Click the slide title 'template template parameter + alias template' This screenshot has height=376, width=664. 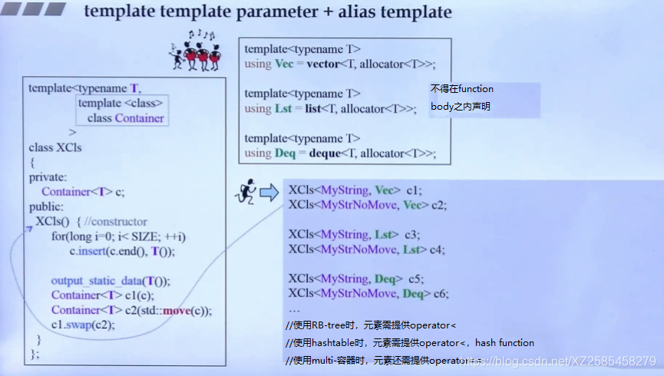(267, 12)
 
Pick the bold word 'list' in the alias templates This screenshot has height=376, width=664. (312, 109)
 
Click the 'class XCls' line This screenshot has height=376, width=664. (55, 147)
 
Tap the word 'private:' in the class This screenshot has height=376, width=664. (47, 177)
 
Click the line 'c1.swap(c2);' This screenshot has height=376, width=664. (84, 325)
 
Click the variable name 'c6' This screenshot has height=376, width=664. (439, 293)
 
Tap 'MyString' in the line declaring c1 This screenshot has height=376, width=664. (345, 190)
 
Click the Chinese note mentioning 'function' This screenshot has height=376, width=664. (461, 89)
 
